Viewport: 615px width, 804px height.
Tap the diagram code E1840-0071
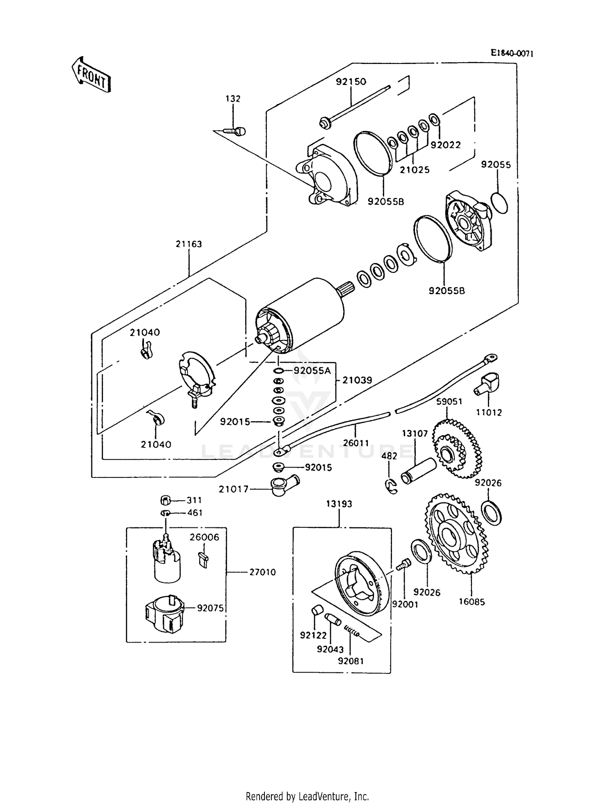tap(512, 53)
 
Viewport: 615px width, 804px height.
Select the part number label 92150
tap(351, 82)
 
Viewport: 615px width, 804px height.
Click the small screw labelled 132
tap(236, 131)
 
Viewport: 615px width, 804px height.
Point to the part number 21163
tap(189, 244)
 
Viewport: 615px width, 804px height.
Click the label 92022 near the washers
tap(445, 145)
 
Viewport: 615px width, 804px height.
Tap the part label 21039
tap(357, 380)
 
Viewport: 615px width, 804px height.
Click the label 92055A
tap(312, 371)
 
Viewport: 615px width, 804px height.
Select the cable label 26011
tap(356, 443)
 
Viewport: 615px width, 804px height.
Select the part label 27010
tap(262, 572)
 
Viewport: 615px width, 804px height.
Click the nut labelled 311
tap(165, 500)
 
